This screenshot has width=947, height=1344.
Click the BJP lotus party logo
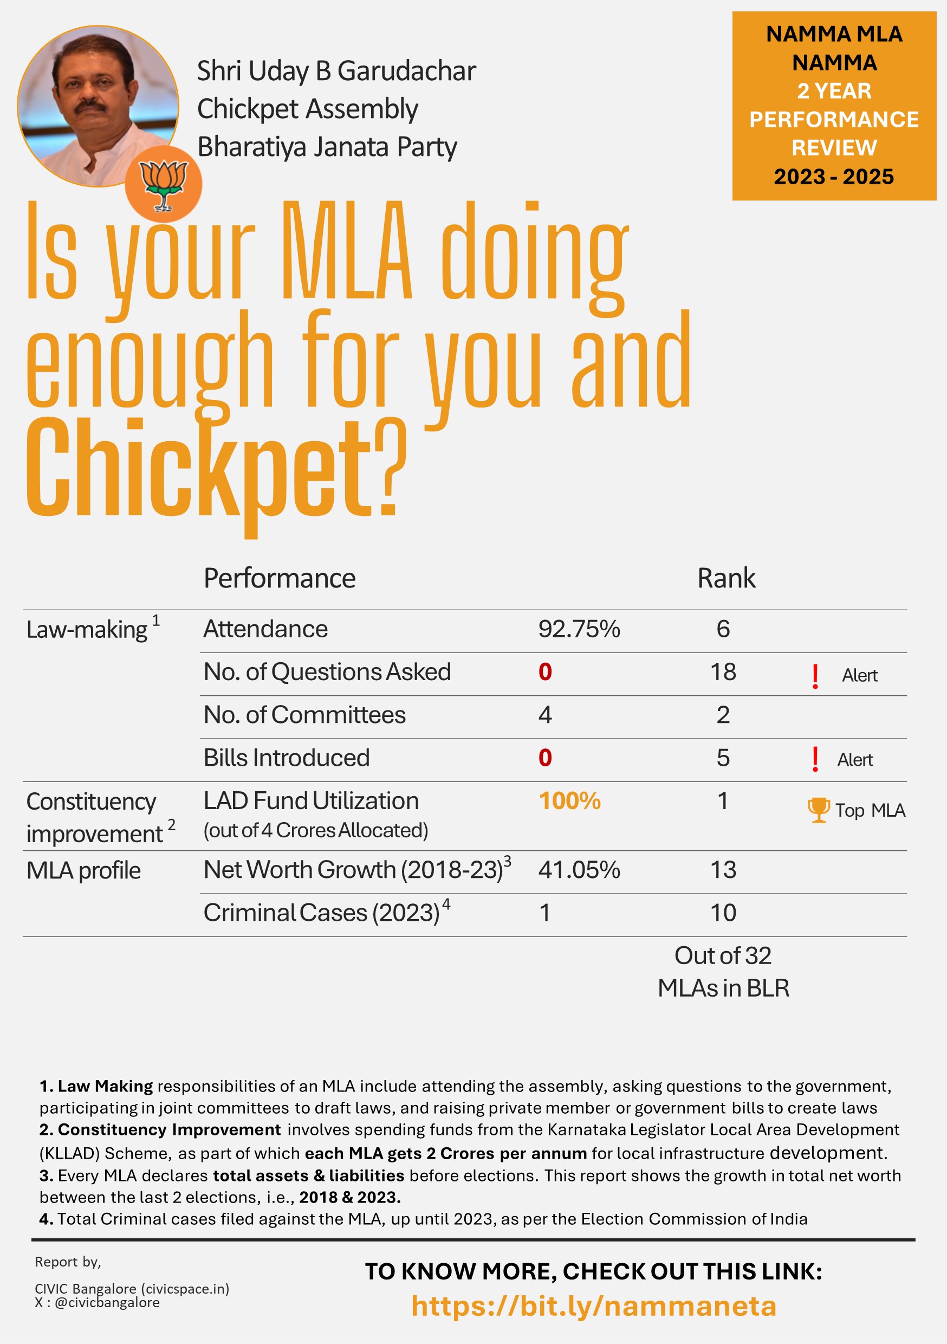(x=163, y=184)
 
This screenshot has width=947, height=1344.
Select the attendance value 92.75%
(x=579, y=629)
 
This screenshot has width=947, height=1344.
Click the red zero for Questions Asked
(x=545, y=672)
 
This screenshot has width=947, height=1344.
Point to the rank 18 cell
(x=723, y=672)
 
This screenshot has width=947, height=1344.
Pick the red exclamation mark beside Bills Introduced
(x=815, y=759)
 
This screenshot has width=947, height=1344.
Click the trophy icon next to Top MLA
(x=818, y=810)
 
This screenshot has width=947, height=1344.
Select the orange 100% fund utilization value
(x=569, y=801)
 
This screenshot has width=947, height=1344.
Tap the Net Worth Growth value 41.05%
(x=579, y=870)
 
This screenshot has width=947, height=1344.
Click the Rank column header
(x=726, y=578)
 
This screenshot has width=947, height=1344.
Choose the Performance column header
(x=279, y=578)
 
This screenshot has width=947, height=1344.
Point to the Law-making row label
(x=87, y=630)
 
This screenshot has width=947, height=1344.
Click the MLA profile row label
(x=83, y=870)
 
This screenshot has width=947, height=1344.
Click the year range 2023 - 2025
(x=833, y=176)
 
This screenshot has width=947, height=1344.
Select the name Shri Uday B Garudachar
(x=336, y=71)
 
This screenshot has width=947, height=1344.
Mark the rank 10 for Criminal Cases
(x=723, y=913)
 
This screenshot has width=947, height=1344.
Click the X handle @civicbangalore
(x=107, y=1302)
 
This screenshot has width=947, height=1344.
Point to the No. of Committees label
(x=304, y=715)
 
